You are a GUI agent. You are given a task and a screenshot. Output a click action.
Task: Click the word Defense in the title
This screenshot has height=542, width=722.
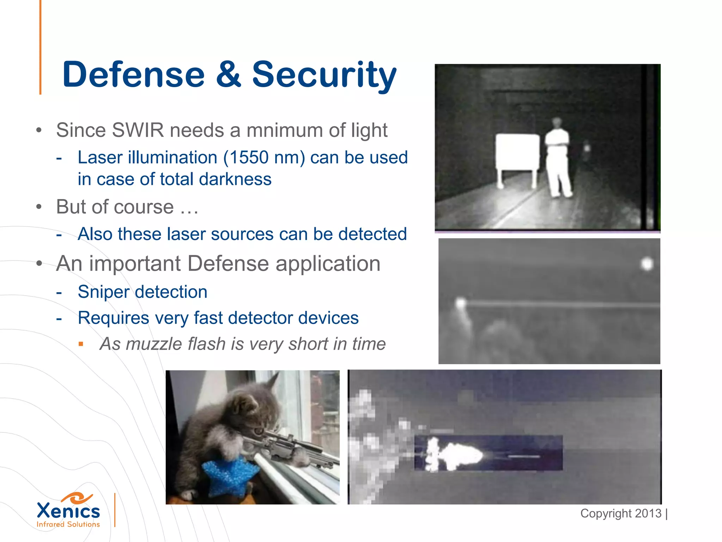(x=133, y=75)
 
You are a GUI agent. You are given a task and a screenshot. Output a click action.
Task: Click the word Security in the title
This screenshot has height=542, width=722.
(x=324, y=75)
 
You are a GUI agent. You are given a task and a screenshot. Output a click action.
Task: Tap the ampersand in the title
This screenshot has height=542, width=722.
(x=228, y=75)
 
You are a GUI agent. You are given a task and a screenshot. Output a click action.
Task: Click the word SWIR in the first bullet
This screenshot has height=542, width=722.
(x=137, y=130)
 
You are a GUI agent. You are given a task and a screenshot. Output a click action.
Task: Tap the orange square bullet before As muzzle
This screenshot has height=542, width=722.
(x=81, y=344)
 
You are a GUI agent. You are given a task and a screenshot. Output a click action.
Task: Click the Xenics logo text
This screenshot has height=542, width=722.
(x=68, y=511)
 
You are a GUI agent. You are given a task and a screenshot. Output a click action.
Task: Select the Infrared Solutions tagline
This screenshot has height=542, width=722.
(x=68, y=524)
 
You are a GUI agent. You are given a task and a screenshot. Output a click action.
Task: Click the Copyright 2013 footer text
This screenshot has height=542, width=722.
(x=621, y=513)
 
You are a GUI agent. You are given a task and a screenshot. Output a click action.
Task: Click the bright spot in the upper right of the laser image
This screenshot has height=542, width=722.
(x=647, y=264)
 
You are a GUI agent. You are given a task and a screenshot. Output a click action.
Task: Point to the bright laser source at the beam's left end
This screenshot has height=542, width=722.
(x=460, y=303)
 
